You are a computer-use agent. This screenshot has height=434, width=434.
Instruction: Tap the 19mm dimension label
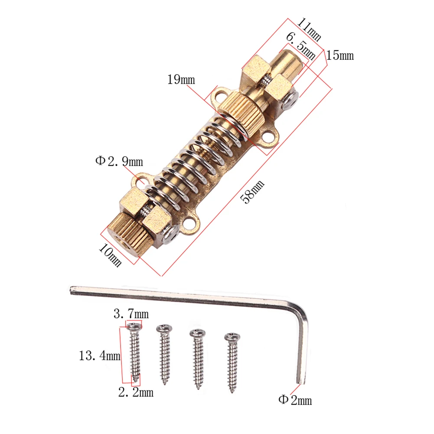click(x=181, y=80)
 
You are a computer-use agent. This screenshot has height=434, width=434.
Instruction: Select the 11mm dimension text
click(x=308, y=29)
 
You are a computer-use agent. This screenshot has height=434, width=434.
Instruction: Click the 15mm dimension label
click(x=340, y=55)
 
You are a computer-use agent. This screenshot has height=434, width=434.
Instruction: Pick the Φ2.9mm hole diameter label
click(x=119, y=162)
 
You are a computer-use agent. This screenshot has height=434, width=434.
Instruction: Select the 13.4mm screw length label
click(x=99, y=356)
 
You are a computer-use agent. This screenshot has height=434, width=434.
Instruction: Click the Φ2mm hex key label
click(x=295, y=400)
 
